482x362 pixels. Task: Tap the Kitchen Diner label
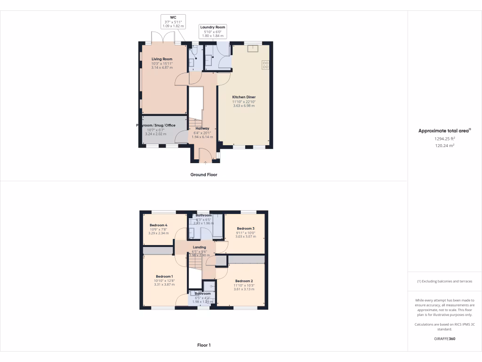(244, 97)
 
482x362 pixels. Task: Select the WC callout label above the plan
(173, 17)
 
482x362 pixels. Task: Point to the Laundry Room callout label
(212, 27)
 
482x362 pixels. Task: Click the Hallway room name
(202, 128)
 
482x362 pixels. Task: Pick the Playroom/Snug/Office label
(156, 125)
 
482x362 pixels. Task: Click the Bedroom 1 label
(164, 276)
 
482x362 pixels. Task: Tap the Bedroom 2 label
(244, 281)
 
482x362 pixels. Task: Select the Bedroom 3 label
(245, 229)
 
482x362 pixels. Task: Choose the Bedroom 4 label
(159, 225)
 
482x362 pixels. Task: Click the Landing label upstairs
(200, 247)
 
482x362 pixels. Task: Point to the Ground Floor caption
(204, 174)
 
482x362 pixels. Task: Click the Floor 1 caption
(204, 345)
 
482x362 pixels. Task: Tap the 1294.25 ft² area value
(444, 139)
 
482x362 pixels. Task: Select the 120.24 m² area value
(444, 146)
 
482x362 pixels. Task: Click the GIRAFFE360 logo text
(444, 339)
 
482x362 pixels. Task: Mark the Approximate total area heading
(444, 131)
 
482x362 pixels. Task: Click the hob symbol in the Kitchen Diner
(265, 65)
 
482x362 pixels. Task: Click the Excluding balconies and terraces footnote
(444, 281)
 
